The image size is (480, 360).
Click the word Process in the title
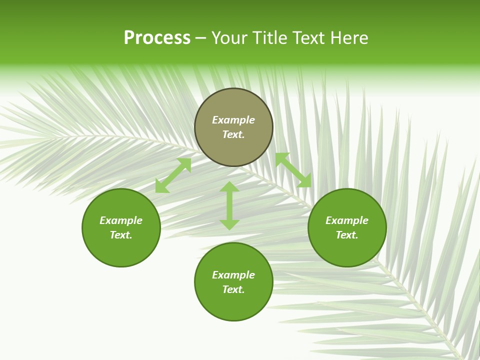pos(157,38)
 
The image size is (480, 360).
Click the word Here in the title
pos(349,38)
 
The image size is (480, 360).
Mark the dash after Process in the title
pos(201,39)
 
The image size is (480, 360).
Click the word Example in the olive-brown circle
pos(233,120)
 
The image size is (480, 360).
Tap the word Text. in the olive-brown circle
pos(233,134)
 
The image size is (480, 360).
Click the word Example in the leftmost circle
pos(121,220)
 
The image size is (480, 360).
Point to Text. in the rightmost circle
pos(347,235)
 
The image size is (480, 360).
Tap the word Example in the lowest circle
pos(233,275)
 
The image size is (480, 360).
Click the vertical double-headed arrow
pos(229,205)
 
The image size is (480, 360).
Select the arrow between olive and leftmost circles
pos(173,175)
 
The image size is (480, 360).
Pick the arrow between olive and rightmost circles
pos(293,170)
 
